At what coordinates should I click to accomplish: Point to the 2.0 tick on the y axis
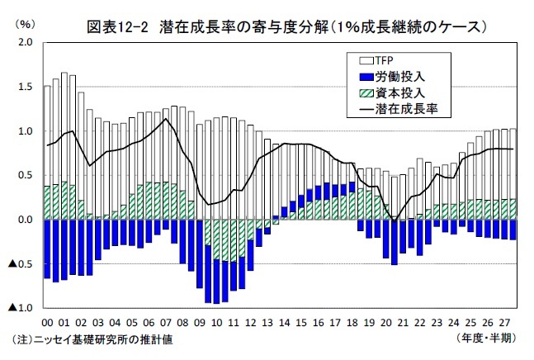pyautogui.click(x=25, y=42)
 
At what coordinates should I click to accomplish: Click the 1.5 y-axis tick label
pyautogui.click(x=25, y=87)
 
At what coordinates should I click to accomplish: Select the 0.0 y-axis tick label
pyautogui.click(x=25, y=220)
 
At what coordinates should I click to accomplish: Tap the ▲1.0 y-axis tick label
pyautogui.click(x=21, y=308)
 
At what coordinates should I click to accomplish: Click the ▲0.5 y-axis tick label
pyautogui.click(x=21, y=264)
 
